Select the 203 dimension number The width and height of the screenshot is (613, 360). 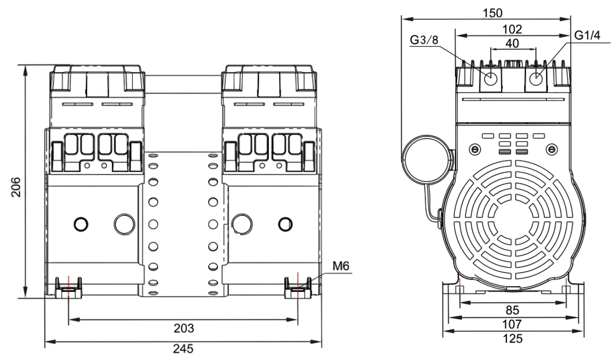coord(183,328)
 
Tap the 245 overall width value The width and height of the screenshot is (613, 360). coord(183,348)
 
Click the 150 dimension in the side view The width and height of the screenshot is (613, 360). coord(492,12)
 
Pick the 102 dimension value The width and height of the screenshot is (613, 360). coord(512,29)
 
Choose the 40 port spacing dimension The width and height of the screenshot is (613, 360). coord(512,43)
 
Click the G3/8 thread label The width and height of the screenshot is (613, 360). coord(424,40)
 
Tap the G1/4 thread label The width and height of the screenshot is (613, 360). coord(588,35)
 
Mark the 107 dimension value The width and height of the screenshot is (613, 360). coord(512,324)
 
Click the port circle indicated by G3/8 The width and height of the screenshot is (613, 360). coord(491,79)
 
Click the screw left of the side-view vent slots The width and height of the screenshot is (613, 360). coord(474,150)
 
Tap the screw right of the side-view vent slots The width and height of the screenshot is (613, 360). coord(552,150)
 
